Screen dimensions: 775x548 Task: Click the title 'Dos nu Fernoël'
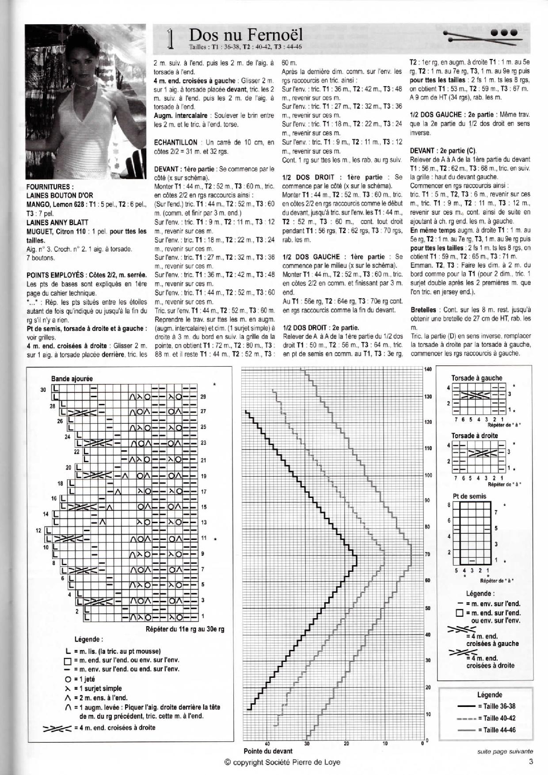(246, 35)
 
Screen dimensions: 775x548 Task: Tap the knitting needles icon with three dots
(483, 34)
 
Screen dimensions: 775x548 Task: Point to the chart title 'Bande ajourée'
(72, 379)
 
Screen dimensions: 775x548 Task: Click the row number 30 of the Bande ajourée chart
(43, 389)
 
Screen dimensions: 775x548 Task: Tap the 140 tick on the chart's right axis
(428, 369)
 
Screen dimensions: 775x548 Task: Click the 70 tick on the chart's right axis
(427, 554)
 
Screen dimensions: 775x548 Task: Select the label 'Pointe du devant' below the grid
(268, 751)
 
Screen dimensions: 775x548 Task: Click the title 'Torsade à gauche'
(476, 378)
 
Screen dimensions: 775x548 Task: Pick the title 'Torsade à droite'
(474, 436)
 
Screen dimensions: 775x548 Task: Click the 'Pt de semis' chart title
(469, 496)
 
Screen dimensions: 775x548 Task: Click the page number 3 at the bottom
(530, 761)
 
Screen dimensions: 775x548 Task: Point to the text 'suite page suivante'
(505, 751)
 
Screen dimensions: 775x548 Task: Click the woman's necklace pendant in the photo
(89, 87)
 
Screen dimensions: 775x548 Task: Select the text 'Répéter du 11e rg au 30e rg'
(185, 629)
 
